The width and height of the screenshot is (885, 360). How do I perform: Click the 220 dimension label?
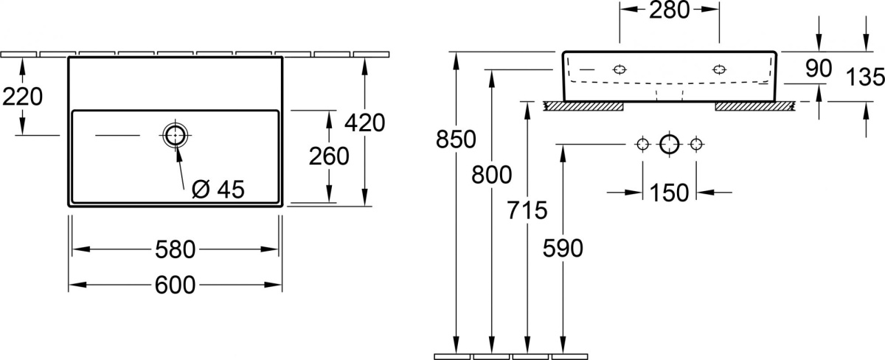(23, 97)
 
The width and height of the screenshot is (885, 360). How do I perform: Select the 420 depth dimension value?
(364, 123)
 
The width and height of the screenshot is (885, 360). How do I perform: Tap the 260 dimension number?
(329, 156)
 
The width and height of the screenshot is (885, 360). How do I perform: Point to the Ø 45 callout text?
(218, 190)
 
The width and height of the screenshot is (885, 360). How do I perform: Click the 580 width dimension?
(175, 250)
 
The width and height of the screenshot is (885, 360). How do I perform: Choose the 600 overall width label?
(175, 285)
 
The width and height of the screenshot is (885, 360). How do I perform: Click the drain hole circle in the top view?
(176, 136)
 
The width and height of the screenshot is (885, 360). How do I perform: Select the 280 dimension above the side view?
(669, 10)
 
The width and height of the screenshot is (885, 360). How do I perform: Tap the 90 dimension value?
(819, 69)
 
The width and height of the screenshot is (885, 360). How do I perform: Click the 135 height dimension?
(865, 77)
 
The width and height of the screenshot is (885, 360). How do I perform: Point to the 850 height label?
(456, 139)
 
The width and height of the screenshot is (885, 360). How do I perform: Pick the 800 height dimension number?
(491, 175)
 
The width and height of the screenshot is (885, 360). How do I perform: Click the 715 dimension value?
(527, 210)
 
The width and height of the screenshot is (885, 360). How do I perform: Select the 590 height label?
(563, 249)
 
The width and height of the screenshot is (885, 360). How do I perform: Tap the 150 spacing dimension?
(669, 193)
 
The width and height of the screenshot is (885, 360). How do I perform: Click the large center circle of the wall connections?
(670, 145)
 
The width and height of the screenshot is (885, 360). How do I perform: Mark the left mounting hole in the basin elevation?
(619, 69)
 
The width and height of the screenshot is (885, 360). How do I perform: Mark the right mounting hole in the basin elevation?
(719, 69)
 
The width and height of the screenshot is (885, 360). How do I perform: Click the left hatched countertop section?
(583, 106)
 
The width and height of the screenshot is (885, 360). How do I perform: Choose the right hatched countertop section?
(754, 106)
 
